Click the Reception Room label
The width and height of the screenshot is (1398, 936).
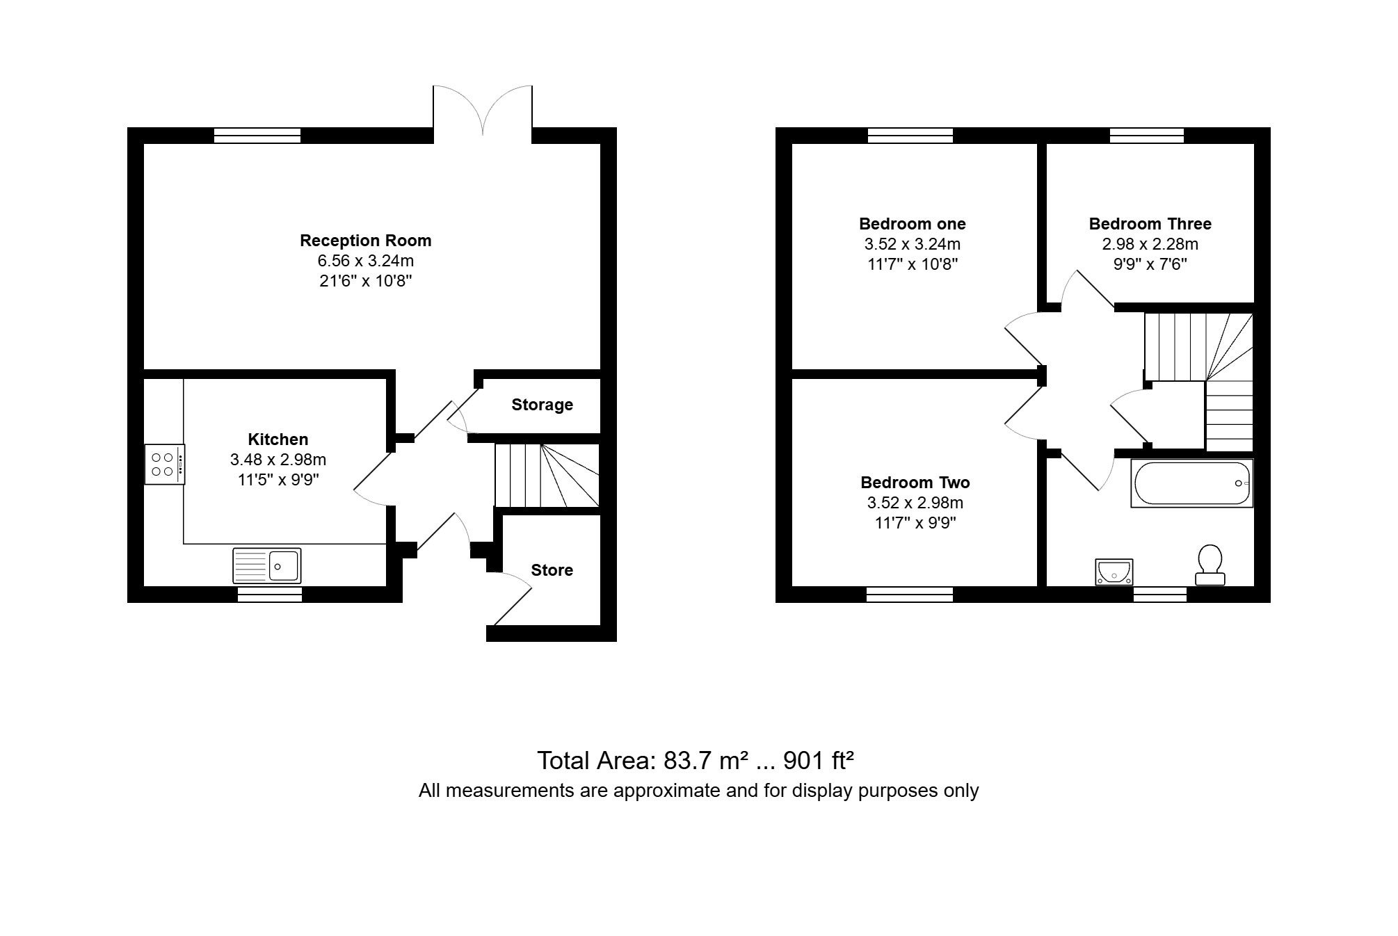click(365, 241)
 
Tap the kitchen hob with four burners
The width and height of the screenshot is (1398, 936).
click(165, 465)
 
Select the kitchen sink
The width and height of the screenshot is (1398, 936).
click(266, 565)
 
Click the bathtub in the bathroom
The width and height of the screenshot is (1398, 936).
click(1191, 483)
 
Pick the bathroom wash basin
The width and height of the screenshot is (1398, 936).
click(1114, 572)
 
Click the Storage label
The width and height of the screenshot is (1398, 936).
click(542, 405)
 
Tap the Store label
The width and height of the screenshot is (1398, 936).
click(552, 570)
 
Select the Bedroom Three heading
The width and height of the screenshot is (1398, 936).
click(1150, 224)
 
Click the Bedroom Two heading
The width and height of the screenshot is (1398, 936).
click(915, 483)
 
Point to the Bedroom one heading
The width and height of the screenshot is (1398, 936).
click(912, 224)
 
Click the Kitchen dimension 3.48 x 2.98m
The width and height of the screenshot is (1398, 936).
click(278, 460)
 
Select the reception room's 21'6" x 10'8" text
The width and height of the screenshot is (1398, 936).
click(365, 281)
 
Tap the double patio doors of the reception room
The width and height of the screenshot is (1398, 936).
click(483, 111)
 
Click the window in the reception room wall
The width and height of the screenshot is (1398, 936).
click(257, 136)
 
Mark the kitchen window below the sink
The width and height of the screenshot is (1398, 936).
click(270, 595)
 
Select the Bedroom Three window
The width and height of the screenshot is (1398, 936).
click(1147, 136)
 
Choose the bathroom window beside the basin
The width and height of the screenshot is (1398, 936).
click(1160, 595)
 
